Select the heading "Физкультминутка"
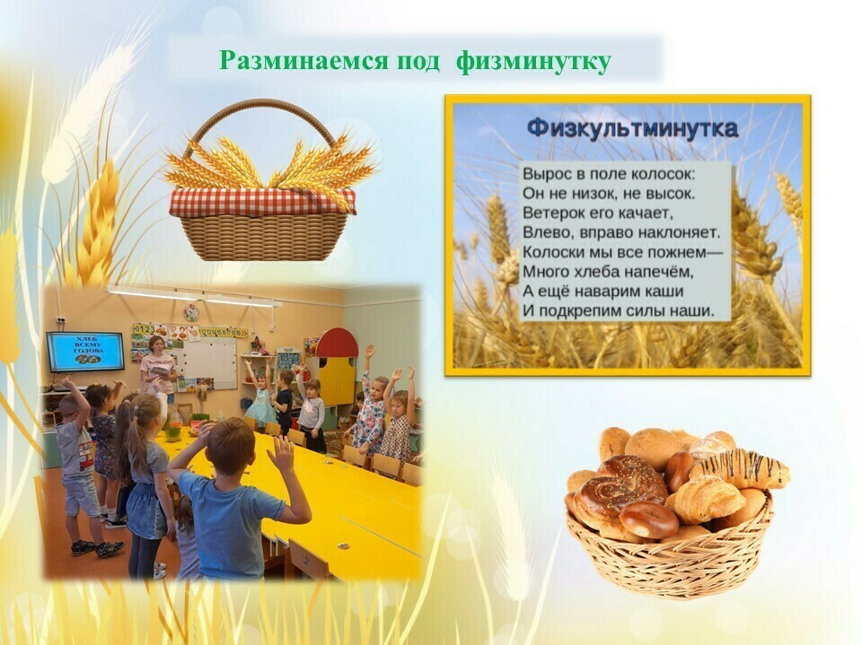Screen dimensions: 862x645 (x=632, y=129)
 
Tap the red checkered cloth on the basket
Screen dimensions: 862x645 (x=263, y=202)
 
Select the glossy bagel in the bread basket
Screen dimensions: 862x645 (x=648, y=519)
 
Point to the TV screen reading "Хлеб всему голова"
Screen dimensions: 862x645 (x=85, y=352)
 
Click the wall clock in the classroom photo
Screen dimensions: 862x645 (x=191, y=313)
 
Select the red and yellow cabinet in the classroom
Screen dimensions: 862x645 (x=337, y=366)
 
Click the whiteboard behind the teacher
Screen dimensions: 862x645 (x=207, y=363)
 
